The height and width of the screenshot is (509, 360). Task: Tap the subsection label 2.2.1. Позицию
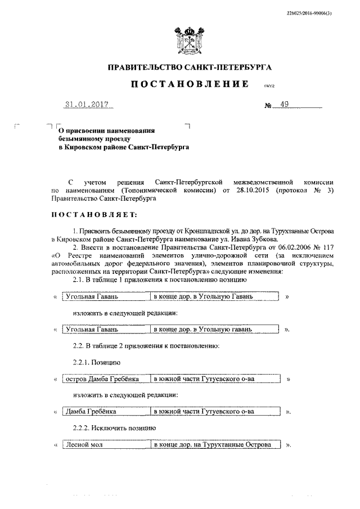pyautogui.click(x=96, y=363)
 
